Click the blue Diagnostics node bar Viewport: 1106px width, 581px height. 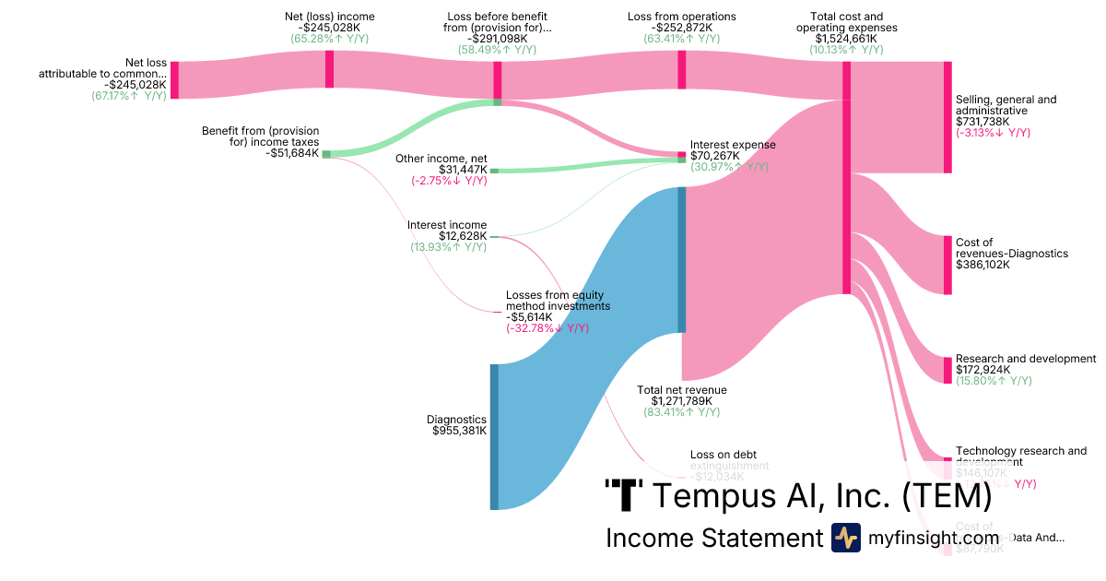494,436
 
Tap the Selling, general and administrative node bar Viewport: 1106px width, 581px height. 947,117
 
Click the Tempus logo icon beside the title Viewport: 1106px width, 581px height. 624,495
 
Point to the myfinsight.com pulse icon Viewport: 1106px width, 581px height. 845,538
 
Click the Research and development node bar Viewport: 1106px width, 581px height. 947,370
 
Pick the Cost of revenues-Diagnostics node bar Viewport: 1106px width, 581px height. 947,266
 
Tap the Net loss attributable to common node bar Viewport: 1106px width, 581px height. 174,80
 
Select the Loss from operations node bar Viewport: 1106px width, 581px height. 682,70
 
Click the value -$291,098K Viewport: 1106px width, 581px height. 497,39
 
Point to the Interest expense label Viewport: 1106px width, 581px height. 733,145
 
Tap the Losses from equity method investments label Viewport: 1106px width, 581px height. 558,300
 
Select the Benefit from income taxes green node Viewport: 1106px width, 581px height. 326,154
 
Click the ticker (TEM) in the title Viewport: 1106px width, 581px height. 946,496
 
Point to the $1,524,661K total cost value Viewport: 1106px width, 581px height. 846,39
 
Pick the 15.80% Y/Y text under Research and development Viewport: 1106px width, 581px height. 994,380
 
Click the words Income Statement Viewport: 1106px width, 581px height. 713,538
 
